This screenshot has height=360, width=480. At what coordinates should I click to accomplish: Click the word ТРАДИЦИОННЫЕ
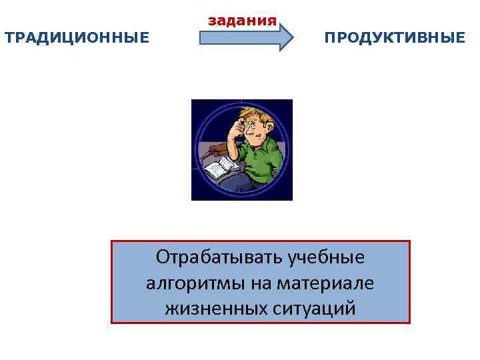click(x=77, y=37)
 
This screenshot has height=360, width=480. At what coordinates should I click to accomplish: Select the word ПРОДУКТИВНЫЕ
click(x=395, y=37)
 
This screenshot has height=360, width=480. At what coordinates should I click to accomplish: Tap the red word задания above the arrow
click(x=242, y=20)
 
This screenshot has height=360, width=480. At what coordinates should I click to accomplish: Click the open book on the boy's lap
click(x=219, y=167)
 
